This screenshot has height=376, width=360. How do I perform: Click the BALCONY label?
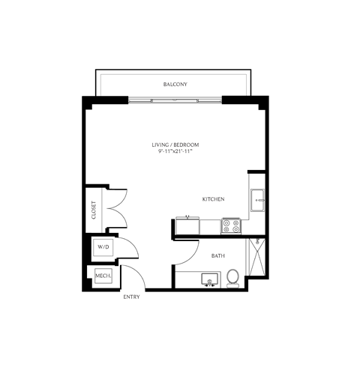(x=175, y=85)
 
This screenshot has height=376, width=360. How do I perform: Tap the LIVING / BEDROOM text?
(x=175, y=145)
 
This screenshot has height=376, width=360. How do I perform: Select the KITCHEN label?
(x=213, y=199)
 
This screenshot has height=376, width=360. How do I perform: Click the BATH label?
(x=218, y=256)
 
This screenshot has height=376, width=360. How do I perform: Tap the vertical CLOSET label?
(x=94, y=210)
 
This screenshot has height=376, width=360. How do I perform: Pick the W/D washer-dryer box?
(x=103, y=247)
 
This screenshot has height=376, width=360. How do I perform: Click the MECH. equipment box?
(x=103, y=276)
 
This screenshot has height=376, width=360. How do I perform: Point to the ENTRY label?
(x=131, y=297)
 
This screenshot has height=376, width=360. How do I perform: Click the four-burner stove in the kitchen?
(x=231, y=226)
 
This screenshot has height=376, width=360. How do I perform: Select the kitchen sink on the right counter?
(x=257, y=201)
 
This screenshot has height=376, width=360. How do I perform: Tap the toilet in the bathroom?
(x=232, y=278)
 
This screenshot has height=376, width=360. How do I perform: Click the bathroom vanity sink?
(x=209, y=279)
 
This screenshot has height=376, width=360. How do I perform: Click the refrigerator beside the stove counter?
(x=187, y=226)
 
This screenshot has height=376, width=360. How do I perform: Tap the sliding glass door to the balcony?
(x=175, y=101)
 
